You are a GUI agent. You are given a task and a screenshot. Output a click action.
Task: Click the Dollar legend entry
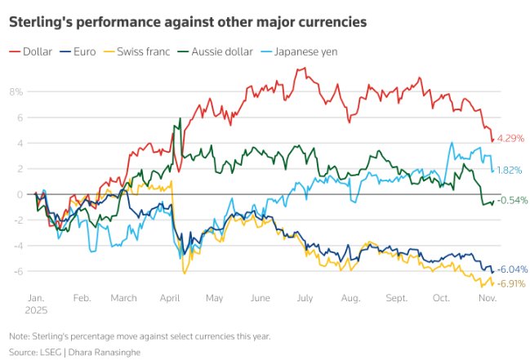pos(37,51)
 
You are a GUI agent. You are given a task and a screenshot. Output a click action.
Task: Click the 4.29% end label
pos(510,138)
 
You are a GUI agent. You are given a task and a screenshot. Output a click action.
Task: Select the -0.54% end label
pos(512,200)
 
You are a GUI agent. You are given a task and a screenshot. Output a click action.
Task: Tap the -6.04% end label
pos(512,269)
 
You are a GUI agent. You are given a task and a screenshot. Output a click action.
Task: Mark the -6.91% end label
pos(512,282)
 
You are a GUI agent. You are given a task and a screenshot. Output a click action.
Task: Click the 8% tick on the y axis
pos(16,91)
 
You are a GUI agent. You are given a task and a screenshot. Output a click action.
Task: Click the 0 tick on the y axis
pos(19,194)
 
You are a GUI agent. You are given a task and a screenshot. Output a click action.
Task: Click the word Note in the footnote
pos(20,336)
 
